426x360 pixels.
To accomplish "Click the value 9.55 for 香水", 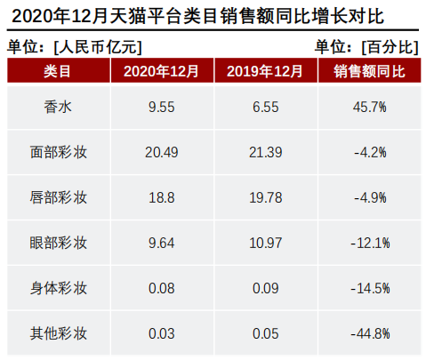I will tap(162, 107).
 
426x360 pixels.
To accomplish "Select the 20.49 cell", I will tap(162, 152).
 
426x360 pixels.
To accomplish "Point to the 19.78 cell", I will tap(265, 197).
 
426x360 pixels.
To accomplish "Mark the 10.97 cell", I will tap(265, 243).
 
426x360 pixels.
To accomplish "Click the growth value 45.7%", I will tap(370, 107).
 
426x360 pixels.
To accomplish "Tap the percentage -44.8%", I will tap(370, 333).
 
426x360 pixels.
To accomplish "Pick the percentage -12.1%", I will tap(370, 243).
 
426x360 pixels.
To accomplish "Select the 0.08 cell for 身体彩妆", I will tap(162, 288).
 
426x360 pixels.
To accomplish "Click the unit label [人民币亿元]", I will tap(97, 46).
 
